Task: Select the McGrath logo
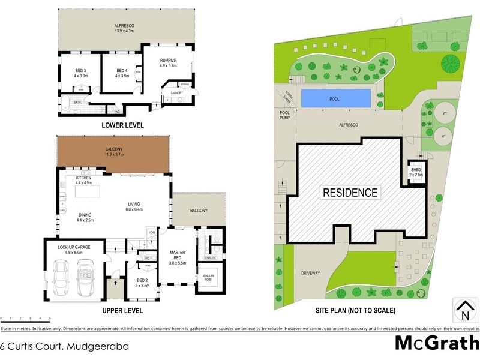[x=437, y=343]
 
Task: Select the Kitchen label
[x=83, y=178]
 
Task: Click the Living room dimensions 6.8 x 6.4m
[x=134, y=209]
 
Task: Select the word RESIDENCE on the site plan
[x=350, y=193]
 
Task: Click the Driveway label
[x=311, y=273]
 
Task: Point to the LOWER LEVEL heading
[x=122, y=124]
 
